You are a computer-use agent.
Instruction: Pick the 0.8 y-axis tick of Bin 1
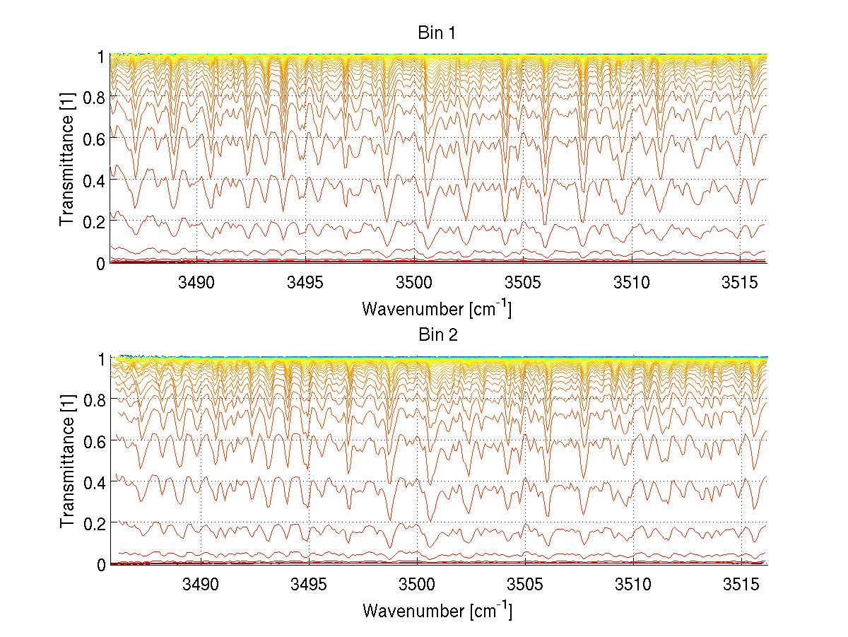point(95,97)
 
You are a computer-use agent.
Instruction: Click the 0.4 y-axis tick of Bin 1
point(95,180)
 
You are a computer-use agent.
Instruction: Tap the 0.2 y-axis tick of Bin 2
point(95,523)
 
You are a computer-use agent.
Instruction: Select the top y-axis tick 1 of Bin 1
point(101,56)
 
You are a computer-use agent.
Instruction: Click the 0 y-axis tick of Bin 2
point(101,564)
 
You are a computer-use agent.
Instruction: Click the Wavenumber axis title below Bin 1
point(437,308)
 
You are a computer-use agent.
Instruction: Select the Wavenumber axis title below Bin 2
point(437,609)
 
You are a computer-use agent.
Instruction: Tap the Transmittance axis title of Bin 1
point(67,160)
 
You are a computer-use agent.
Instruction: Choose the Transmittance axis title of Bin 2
point(67,461)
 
